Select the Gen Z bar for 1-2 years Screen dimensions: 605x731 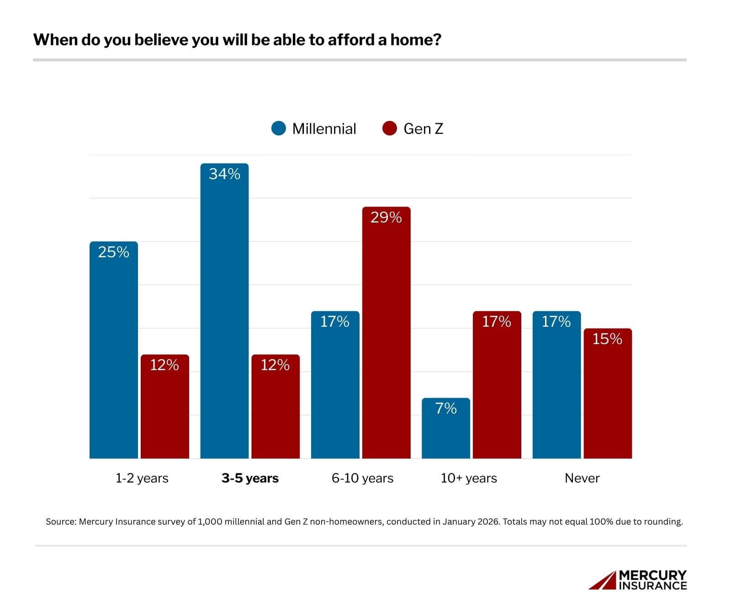click(164, 406)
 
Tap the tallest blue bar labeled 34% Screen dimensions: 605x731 click(224, 311)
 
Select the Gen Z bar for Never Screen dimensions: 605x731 click(608, 393)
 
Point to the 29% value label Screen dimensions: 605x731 click(386, 218)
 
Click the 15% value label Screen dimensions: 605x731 click(607, 339)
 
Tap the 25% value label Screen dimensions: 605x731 click(113, 252)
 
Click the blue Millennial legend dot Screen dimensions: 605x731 click(278, 128)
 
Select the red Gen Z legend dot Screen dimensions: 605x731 click(389, 128)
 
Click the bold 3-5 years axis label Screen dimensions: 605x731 click(250, 478)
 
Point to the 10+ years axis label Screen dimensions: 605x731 click(469, 478)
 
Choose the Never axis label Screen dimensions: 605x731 click(582, 478)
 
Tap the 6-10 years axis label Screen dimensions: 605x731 click(362, 478)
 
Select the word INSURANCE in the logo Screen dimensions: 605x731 click(653, 586)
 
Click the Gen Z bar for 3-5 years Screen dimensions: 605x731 click(275, 406)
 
